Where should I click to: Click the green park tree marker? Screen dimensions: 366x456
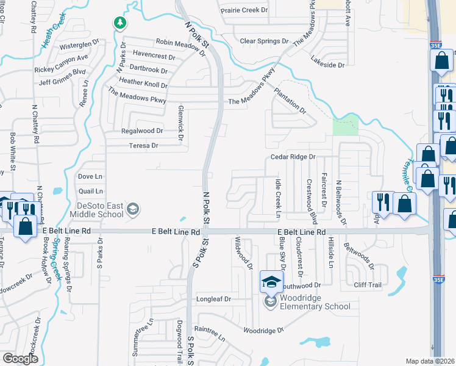point(120,23)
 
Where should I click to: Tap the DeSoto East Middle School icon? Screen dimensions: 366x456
point(132,210)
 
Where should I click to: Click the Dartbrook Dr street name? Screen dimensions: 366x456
point(148,70)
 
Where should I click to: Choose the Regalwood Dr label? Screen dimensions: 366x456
point(143,131)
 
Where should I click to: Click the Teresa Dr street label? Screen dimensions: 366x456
point(143,146)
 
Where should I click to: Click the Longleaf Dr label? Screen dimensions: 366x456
point(213,300)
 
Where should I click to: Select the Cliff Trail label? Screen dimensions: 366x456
point(368,285)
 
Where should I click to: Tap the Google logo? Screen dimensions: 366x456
point(20,359)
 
